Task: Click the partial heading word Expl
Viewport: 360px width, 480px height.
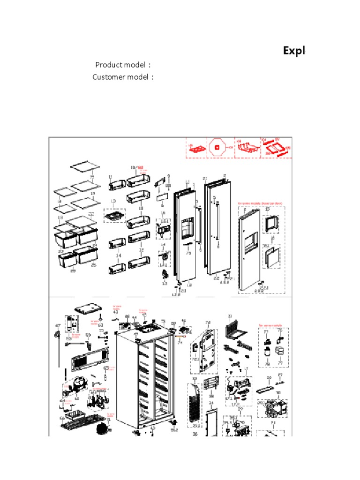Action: pos(294,51)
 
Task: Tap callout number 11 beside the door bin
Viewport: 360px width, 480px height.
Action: pos(111,177)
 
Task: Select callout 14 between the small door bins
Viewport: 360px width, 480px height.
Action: pos(119,255)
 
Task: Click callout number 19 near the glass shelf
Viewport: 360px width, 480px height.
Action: pos(93,193)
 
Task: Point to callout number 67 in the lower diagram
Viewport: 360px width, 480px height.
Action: pos(58,325)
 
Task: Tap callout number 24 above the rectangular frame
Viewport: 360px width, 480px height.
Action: pos(210,403)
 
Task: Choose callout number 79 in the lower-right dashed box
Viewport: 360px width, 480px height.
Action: pos(280,362)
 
